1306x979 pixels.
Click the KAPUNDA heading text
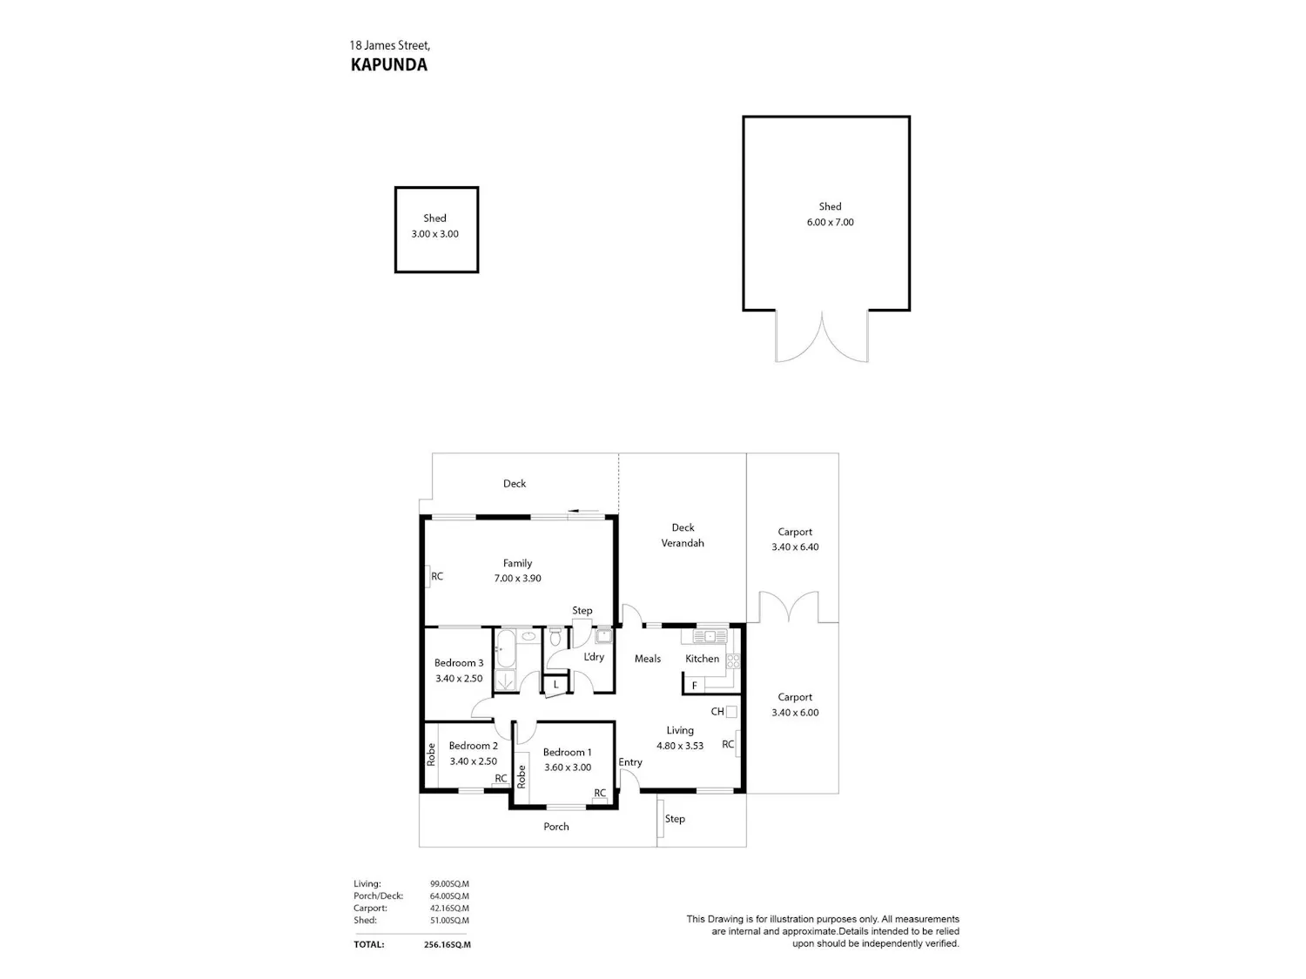(x=388, y=64)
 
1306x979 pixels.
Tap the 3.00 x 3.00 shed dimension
(x=435, y=233)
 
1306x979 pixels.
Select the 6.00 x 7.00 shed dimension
(x=830, y=222)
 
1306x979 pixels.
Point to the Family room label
(x=517, y=563)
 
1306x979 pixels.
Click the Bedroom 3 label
(x=459, y=663)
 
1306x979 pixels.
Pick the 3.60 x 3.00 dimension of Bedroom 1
(x=568, y=767)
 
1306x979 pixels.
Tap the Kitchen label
(x=702, y=658)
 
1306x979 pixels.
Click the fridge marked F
(x=694, y=686)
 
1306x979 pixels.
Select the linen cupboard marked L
(x=555, y=684)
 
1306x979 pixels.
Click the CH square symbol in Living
(x=731, y=712)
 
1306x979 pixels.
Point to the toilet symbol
(x=555, y=637)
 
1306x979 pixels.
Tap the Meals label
(x=648, y=658)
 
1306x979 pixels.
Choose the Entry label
(x=630, y=762)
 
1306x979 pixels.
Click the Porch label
(x=556, y=826)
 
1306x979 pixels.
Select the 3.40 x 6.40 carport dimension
(x=795, y=546)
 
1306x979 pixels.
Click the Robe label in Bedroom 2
(x=431, y=754)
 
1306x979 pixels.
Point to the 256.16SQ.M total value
(x=442, y=944)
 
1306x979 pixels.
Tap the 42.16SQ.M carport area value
(x=449, y=908)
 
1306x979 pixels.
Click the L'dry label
(x=594, y=656)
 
